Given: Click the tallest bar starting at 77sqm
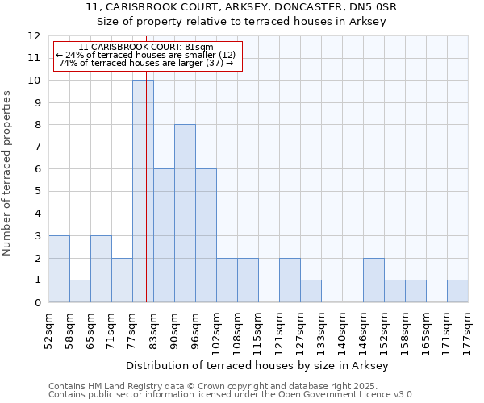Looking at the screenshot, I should [143, 191].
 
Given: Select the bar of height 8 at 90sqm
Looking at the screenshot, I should [185, 214].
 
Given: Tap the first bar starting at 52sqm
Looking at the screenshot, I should [59, 268].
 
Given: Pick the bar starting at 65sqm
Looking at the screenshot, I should [101, 268].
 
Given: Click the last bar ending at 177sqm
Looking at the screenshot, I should [457, 291].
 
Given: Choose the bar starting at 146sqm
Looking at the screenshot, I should [373, 280].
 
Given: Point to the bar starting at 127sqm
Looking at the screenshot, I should [311, 291].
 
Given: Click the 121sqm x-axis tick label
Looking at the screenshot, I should [278, 329].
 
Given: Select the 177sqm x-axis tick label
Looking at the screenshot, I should [467, 329].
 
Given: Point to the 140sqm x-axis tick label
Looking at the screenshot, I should [341, 329].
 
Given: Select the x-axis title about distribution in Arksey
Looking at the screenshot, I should [258, 366].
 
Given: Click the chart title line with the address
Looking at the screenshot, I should [241, 7].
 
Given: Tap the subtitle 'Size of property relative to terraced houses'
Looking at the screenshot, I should [241, 22].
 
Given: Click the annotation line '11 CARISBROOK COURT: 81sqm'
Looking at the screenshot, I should [147, 48].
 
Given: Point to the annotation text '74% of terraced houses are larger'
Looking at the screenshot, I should [147, 63].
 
